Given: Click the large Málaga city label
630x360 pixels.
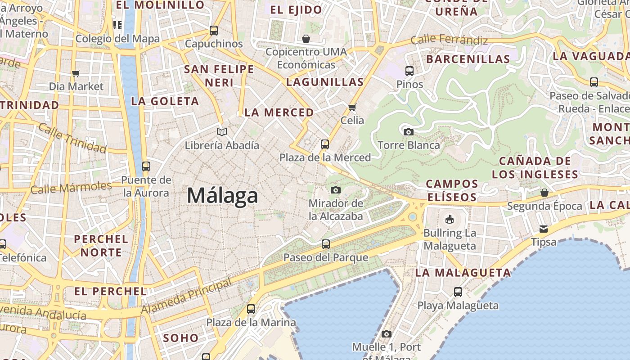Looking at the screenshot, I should (222, 196).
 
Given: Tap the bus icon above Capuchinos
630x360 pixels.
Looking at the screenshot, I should (214, 31).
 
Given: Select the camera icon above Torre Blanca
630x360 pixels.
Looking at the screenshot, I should (408, 132).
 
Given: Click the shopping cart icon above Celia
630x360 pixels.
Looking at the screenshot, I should (352, 107).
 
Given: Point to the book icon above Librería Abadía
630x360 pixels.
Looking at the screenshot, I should (222, 132).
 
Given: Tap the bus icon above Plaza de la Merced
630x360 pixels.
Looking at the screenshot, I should (325, 144).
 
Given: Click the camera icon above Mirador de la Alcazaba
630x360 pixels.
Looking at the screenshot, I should (336, 190).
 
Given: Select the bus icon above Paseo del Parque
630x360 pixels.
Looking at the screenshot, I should (326, 244).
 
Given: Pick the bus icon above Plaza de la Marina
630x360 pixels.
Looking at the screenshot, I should (251, 309).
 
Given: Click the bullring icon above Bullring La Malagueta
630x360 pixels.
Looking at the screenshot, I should (449, 220).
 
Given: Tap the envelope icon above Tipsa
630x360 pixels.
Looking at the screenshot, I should (544, 229).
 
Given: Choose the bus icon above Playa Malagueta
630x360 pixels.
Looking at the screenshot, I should (458, 292).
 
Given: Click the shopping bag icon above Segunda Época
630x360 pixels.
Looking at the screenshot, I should (544, 193).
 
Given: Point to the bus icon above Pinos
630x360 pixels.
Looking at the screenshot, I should (409, 71).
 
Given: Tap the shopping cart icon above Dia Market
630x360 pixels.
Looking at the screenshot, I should (76, 73).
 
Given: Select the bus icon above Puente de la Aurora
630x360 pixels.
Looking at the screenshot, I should (146, 166).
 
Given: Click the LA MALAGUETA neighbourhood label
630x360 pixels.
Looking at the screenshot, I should (463, 272).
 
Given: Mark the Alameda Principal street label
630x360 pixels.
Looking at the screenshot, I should (187, 296).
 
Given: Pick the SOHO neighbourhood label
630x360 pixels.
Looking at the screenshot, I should (180, 337).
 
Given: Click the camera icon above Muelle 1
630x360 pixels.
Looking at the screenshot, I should (387, 334).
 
